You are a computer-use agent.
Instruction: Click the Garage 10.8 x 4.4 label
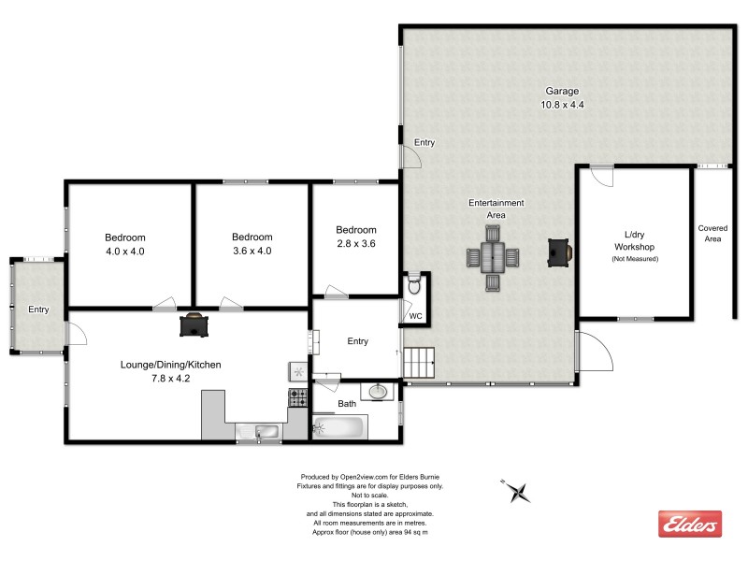tap(562, 98)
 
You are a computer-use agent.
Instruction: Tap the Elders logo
tap(690, 525)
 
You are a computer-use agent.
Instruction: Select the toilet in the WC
tap(415, 283)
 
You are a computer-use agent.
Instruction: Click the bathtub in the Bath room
tap(338, 427)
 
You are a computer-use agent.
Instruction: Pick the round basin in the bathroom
tap(380, 392)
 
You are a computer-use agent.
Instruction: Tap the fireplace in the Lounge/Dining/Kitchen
tap(194, 324)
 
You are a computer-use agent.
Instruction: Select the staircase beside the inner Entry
tap(419, 362)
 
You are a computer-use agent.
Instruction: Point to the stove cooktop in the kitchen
tap(298, 397)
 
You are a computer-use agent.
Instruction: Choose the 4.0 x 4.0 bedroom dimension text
tap(124, 251)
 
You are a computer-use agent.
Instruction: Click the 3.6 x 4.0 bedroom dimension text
tap(252, 251)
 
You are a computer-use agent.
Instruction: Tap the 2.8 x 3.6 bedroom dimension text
tap(355, 244)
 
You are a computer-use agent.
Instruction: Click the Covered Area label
tap(715, 234)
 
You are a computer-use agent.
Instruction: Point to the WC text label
tap(416, 316)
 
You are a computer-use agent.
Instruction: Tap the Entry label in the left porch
tap(38, 309)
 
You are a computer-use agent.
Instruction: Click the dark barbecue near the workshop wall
tap(559, 250)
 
